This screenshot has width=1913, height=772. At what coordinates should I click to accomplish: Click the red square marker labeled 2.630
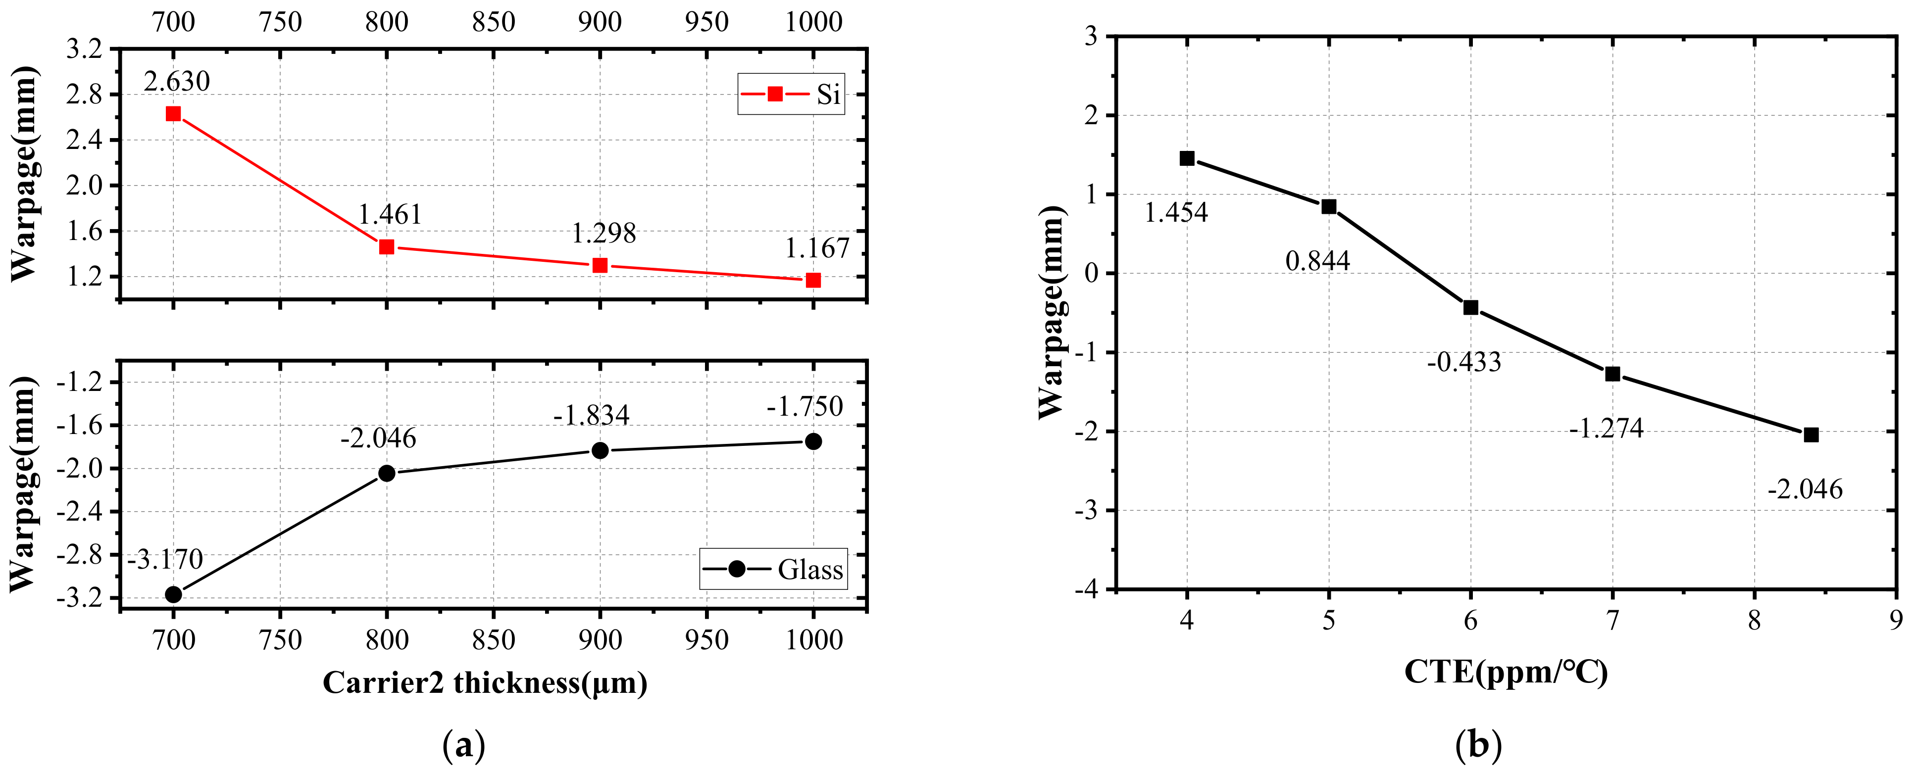[173, 114]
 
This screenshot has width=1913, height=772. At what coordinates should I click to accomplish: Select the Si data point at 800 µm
[386, 246]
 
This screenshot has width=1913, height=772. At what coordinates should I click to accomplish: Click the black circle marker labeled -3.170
[173, 595]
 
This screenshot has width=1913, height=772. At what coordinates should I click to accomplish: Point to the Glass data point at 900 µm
[600, 450]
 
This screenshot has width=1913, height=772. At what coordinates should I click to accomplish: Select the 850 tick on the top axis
[493, 22]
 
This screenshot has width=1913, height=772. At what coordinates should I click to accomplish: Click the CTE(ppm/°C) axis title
[1506, 673]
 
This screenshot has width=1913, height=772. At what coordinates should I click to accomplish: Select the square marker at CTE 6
[1470, 307]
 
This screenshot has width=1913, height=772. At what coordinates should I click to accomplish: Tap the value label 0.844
[1317, 261]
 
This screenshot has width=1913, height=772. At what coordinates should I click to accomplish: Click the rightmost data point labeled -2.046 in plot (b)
[1811, 435]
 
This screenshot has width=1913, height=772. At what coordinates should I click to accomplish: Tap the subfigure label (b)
[1478, 744]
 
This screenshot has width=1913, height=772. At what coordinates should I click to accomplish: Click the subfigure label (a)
[463, 744]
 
